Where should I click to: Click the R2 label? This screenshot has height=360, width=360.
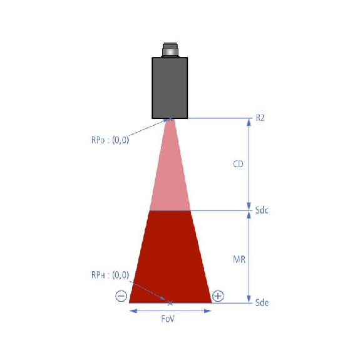[260, 118]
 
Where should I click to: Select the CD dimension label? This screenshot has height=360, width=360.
[238, 164]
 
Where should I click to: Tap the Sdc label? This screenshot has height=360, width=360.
[262, 210]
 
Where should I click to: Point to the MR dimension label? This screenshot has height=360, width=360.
[239, 260]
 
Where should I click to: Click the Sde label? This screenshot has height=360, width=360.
[262, 302]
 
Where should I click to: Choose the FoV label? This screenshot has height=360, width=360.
[168, 319]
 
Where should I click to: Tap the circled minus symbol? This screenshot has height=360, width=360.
[121, 296]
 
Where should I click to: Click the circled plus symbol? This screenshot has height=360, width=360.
[218, 296]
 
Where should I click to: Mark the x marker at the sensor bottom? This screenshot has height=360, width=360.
[170, 119]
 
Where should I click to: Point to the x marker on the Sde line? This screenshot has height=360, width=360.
[170, 303]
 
